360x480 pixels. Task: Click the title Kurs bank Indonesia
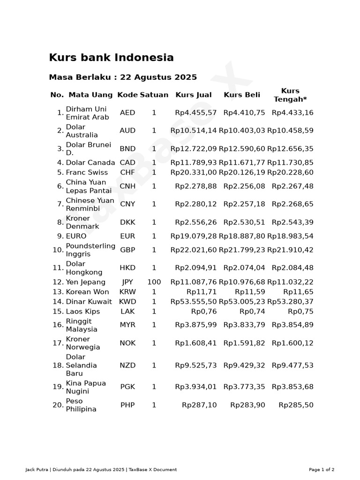click(111, 58)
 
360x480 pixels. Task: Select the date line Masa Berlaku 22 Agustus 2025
click(123, 77)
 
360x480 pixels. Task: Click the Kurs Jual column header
click(193, 95)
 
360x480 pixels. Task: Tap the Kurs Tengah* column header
click(290, 95)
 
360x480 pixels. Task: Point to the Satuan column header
click(154, 95)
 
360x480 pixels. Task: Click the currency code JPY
click(127, 282)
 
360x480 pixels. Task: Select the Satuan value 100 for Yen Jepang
click(154, 282)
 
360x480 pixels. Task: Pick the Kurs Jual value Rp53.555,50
click(194, 302)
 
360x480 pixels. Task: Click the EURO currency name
click(76, 236)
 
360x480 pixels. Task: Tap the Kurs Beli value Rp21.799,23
click(242, 250)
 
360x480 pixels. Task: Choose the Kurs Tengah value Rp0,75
click(300, 312)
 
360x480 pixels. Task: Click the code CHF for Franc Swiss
click(127, 172)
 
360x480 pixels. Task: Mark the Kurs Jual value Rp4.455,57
click(196, 113)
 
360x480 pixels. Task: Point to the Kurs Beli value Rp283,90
click(247, 405)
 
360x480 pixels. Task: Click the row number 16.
click(58, 325)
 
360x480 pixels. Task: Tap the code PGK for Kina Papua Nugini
click(127, 387)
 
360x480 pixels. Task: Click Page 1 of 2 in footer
click(322, 470)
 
